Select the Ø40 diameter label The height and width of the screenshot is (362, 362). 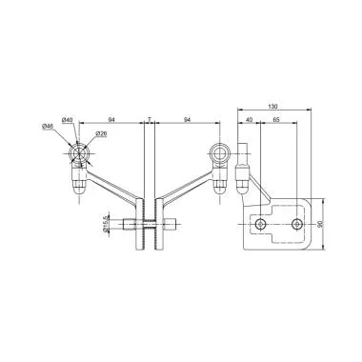[68, 118]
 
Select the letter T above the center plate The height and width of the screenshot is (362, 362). [149, 119]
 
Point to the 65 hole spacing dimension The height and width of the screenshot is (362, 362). [275, 120]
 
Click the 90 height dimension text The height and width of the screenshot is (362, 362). [323, 225]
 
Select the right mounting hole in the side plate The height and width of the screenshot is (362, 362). [297, 224]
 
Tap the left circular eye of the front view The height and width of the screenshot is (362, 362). [80, 151]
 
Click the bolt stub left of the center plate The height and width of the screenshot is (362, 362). [131, 226]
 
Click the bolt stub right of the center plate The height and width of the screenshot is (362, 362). [171, 226]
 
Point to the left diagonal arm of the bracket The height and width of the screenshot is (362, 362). [114, 187]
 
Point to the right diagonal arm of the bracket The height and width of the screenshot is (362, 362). [186, 187]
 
